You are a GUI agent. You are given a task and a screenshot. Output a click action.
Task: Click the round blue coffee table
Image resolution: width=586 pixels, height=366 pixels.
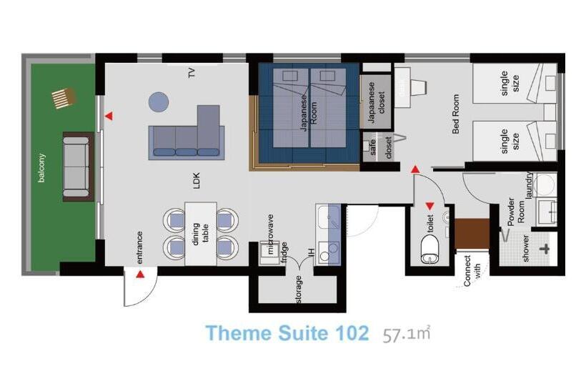(x=159, y=102)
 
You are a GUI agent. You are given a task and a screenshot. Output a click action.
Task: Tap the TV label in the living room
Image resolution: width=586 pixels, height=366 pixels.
(x=192, y=72)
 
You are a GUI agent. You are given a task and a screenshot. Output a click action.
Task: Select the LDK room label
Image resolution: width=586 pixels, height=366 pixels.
(x=197, y=181)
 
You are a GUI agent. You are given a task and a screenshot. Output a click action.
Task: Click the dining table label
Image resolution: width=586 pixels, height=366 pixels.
(x=200, y=234)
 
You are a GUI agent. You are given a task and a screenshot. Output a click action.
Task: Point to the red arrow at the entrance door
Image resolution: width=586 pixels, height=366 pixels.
(x=140, y=274)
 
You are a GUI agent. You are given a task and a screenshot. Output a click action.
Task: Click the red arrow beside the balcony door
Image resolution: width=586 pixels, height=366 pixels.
(x=109, y=117)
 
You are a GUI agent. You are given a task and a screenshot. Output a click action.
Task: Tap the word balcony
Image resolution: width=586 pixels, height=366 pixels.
(x=41, y=168)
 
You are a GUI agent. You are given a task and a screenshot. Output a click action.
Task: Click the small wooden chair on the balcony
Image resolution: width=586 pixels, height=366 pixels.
(x=64, y=98)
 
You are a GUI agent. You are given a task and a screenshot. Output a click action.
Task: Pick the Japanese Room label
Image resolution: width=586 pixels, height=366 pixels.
(x=309, y=112)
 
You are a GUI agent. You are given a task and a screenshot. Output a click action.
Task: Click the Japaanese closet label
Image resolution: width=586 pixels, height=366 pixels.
(x=376, y=102)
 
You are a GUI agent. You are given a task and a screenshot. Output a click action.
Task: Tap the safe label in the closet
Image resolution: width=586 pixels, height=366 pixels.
(x=372, y=147)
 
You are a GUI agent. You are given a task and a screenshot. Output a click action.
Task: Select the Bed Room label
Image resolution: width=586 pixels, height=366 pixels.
(x=455, y=114)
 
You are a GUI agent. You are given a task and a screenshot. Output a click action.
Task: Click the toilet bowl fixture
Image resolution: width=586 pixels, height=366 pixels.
(x=431, y=249)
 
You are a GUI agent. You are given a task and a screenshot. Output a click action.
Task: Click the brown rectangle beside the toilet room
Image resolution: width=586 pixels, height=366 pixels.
(x=472, y=234)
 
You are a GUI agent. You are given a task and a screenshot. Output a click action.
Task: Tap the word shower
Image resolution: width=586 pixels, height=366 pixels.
(x=525, y=248)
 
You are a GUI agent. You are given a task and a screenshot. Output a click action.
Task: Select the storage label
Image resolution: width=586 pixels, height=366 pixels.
(x=298, y=289)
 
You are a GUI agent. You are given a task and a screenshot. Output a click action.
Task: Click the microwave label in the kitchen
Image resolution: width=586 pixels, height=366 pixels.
(x=271, y=234)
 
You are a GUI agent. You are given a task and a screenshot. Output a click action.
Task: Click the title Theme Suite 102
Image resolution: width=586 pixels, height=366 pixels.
(x=287, y=332)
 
